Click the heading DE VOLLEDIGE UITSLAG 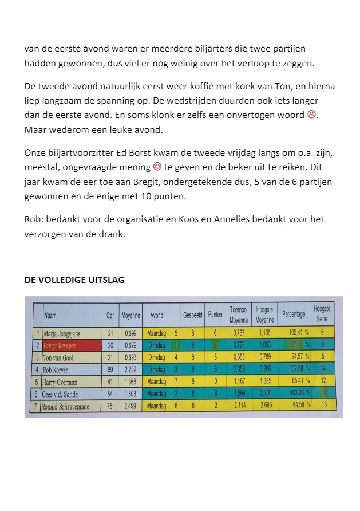click(x=74, y=280)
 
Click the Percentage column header click(x=293, y=315)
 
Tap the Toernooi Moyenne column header click(x=238, y=313)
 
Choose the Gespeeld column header click(x=193, y=315)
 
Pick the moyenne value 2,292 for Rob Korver click(x=130, y=370)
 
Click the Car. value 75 click(x=110, y=407)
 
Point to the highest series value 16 click(x=323, y=406)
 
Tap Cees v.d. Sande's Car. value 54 click(x=110, y=394)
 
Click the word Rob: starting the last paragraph click(x=33, y=219)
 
